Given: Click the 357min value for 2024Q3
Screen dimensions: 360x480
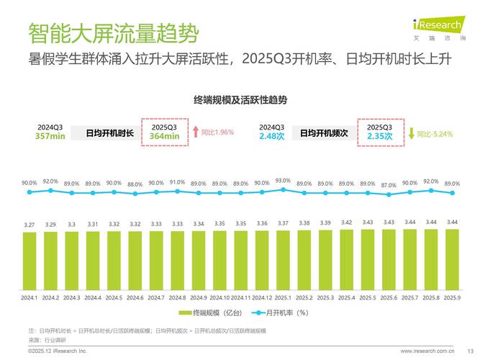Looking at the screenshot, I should (x=50, y=136).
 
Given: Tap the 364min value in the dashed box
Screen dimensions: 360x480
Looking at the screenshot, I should (x=164, y=136).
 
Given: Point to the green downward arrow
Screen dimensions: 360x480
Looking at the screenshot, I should (x=411, y=133).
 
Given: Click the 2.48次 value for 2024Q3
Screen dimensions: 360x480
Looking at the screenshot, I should (x=272, y=136).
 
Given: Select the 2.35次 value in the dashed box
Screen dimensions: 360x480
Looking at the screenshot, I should (x=379, y=136).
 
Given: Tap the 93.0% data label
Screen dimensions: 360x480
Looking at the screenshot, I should (x=283, y=181).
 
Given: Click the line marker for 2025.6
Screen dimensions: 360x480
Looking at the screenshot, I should (x=389, y=194).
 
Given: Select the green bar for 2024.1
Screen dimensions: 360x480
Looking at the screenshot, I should (x=30, y=260).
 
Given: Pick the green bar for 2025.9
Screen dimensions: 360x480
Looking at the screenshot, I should (x=452, y=258).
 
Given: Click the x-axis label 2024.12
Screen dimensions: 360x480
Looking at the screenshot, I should (x=262, y=297).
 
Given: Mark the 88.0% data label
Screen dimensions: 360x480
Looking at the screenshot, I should (x=135, y=184).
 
